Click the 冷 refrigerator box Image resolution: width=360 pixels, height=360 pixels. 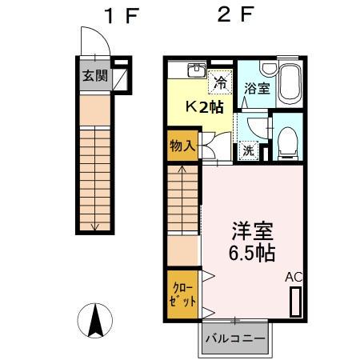pos(218,81)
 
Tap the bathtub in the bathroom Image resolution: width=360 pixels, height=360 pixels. pos(289,84)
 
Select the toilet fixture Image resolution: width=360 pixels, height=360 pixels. pos(286,142)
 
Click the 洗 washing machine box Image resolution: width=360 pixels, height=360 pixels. pos(248,149)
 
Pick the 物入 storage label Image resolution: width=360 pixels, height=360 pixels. pos(183,146)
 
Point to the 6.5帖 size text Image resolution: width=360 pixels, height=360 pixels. pos(251,255)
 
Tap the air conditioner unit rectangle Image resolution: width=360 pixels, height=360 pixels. pos(296,302)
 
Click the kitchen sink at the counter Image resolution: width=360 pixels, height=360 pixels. pos(194,70)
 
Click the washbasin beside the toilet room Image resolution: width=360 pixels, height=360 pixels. pos(254,126)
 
